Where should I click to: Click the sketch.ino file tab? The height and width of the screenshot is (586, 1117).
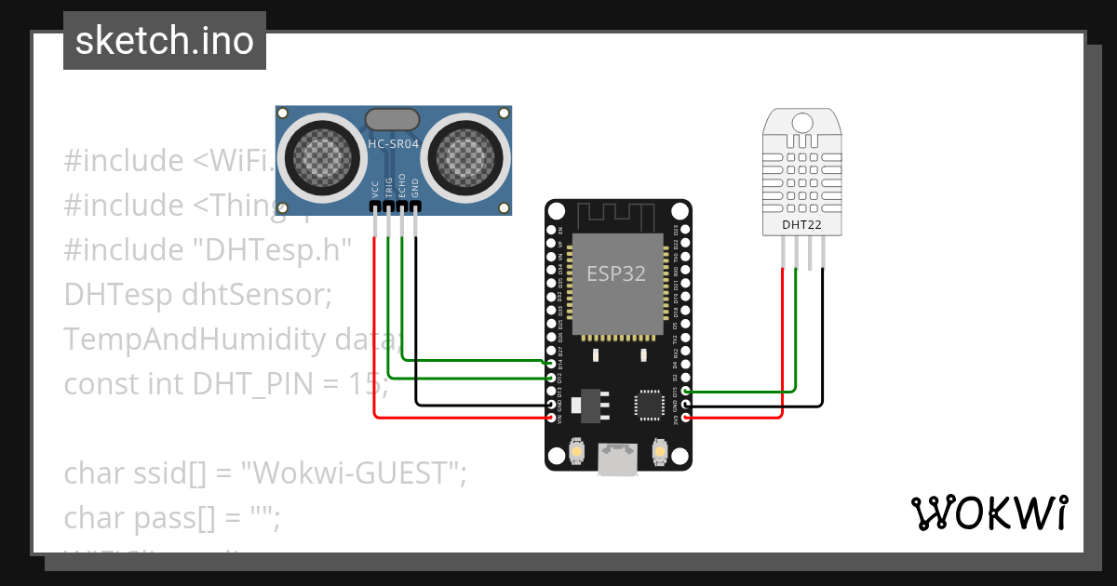coord(165,41)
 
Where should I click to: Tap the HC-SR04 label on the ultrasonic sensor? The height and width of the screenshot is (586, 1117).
coord(394,145)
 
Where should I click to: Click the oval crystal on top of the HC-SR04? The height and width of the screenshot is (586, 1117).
coord(393,119)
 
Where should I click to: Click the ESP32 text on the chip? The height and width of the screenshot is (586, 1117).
coord(615,273)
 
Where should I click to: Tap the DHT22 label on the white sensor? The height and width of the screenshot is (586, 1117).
coord(801,224)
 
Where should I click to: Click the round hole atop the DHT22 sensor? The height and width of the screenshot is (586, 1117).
coord(801,122)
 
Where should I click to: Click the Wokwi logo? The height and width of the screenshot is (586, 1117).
coord(989,513)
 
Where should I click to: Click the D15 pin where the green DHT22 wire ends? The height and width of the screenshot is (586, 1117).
coord(686,392)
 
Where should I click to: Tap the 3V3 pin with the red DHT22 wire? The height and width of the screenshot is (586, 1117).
coord(686,418)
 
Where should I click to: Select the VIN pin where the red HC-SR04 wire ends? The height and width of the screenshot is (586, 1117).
coord(552,418)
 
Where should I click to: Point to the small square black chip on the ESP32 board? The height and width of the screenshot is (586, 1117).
coord(648,405)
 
